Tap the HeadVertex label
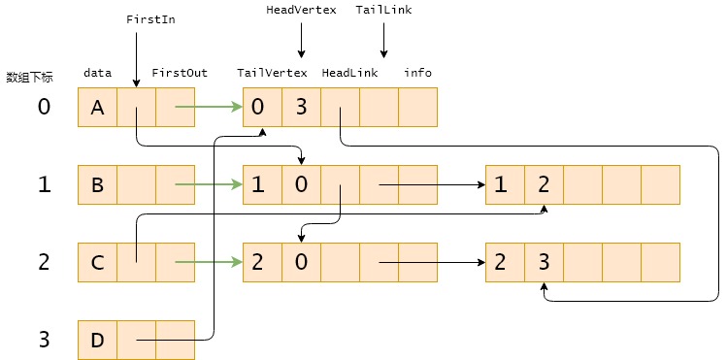[x=301, y=10]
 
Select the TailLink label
[x=383, y=10]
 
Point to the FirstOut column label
[x=180, y=73]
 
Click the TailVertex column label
[x=272, y=73]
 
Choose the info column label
[x=418, y=73]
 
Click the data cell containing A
[x=97, y=108]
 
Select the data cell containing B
[x=97, y=184]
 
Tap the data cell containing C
[x=97, y=262]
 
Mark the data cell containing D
[x=97, y=340]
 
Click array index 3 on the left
[x=43, y=340]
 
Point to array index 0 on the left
[x=43, y=107]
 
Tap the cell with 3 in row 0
[x=301, y=108]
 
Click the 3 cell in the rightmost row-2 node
[x=544, y=262]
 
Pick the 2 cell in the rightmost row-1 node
[x=544, y=184]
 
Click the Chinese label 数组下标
[x=29, y=78]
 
